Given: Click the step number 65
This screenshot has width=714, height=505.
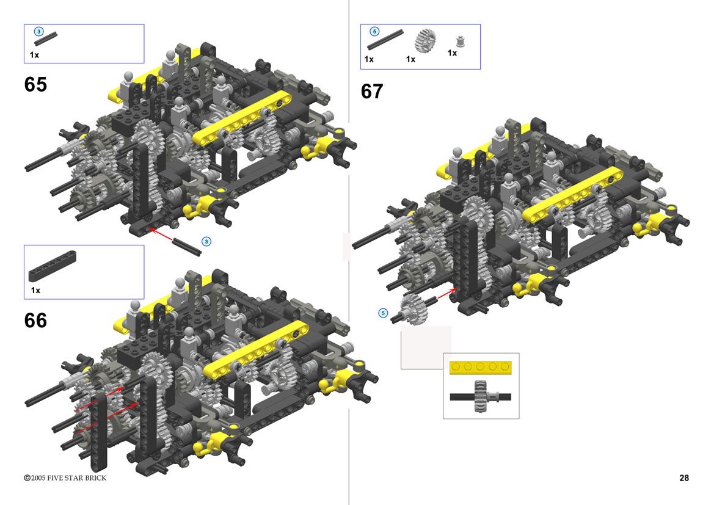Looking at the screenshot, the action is click(35, 85).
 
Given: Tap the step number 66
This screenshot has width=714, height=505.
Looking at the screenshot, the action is click(35, 321).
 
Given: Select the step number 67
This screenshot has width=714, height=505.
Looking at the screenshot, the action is click(372, 92).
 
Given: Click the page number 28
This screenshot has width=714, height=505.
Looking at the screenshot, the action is click(684, 478).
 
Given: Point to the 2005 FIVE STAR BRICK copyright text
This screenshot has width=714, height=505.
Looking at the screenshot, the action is click(65, 478).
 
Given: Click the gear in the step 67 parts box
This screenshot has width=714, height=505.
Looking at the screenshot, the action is click(425, 40).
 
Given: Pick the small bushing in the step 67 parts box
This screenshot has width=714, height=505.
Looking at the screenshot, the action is click(460, 42).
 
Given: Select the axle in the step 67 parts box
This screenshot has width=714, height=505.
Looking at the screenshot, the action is click(385, 40).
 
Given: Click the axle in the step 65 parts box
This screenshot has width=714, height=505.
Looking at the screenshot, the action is click(46, 38).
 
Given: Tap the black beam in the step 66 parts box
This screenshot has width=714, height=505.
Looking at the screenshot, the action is click(53, 266).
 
